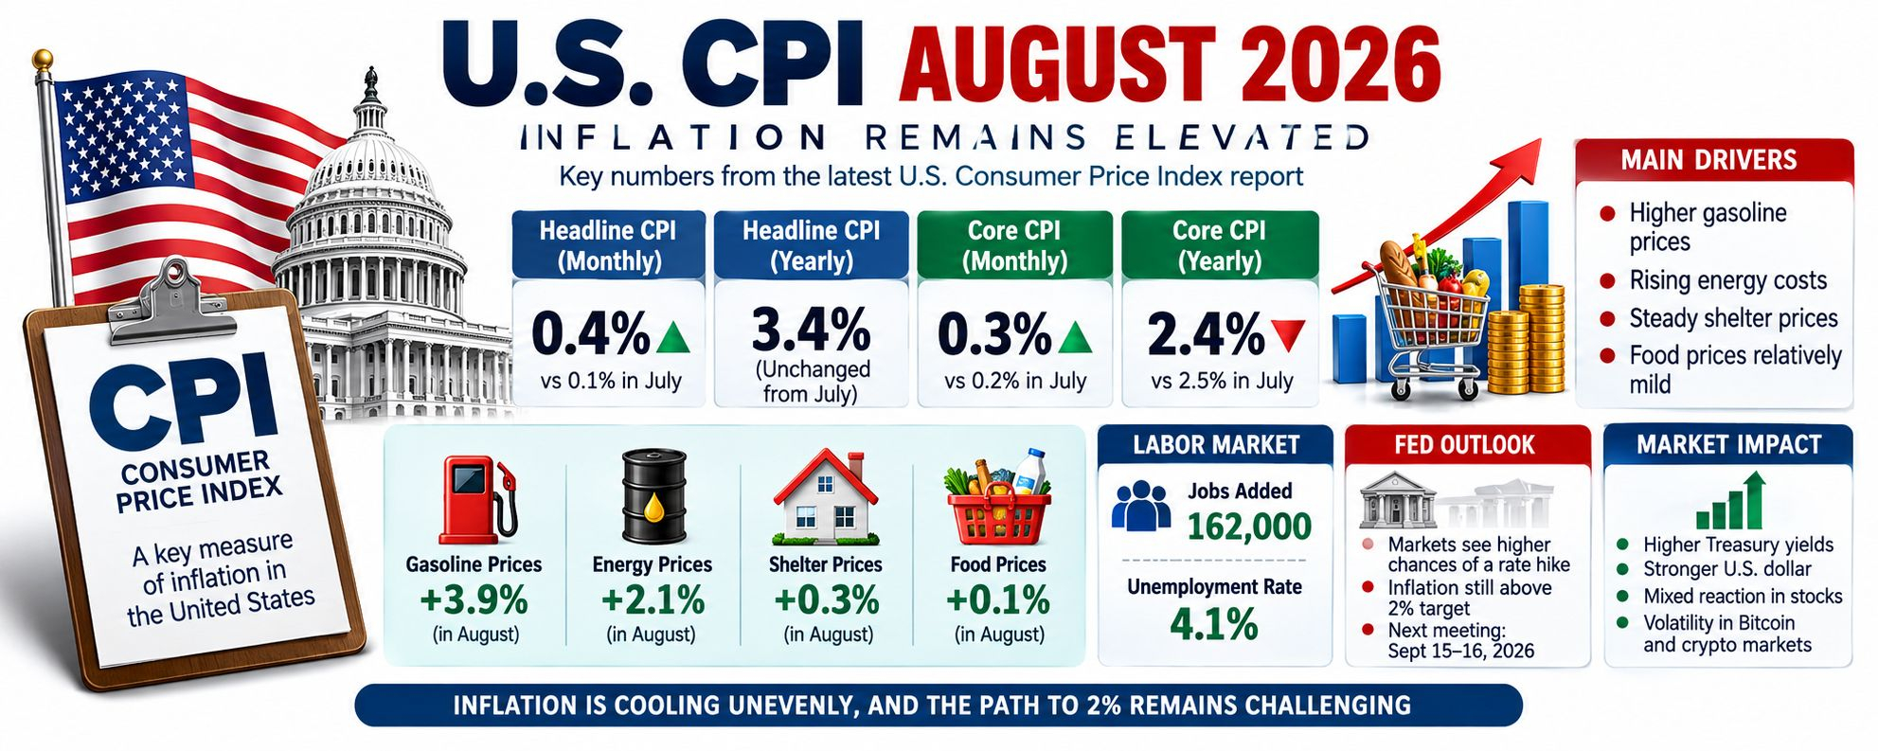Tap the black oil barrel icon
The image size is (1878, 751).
653,496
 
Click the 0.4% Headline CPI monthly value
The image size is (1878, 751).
590,333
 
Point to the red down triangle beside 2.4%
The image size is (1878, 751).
1288,334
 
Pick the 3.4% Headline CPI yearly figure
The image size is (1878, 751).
811,330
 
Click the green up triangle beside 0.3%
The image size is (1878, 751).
1074,336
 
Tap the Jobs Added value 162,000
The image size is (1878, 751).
1248,526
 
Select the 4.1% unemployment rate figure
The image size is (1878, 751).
1213,624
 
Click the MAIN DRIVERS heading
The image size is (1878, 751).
1708,160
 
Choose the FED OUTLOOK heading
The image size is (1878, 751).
1464,444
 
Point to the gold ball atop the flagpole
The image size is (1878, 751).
43,61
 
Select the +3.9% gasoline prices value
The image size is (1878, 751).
474,599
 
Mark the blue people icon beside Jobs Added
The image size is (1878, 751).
1141,505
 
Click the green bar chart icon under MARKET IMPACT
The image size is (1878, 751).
1730,501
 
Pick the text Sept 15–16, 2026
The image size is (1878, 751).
1460,651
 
